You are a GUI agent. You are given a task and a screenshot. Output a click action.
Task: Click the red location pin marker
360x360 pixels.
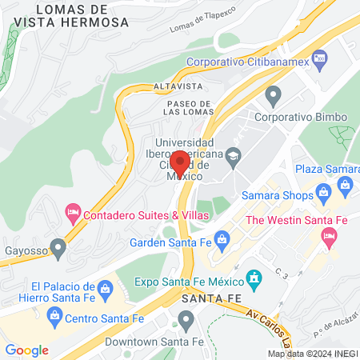[179, 163]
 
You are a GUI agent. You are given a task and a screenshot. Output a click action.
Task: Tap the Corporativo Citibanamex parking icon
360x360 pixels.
[319, 58]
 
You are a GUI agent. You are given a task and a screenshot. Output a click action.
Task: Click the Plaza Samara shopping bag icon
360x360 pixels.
[345, 185]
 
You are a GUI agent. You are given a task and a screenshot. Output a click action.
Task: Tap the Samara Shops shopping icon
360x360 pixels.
[323, 190]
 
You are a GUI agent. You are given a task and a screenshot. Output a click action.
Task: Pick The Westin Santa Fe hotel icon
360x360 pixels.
[327, 236]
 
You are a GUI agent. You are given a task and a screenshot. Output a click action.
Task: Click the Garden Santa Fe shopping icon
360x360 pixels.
[222, 238]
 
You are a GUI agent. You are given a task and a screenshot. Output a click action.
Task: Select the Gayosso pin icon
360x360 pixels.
[57, 245]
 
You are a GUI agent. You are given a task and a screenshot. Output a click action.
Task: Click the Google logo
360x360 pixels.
[26, 350]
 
